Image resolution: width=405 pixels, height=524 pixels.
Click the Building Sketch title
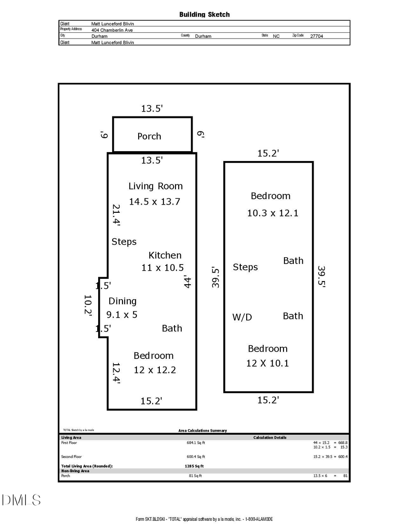click(x=204, y=14)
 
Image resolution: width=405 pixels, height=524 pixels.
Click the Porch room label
click(x=149, y=136)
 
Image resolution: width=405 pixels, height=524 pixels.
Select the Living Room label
click(x=155, y=186)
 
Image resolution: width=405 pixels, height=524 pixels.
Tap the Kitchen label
click(x=165, y=255)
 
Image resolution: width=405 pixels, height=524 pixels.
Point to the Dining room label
click(x=122, y=301)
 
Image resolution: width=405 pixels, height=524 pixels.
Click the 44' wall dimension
click(x=188, y=281)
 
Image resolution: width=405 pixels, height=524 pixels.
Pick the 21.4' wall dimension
click(x=116, y=215)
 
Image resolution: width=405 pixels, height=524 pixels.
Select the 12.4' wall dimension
click(x=116, y=373)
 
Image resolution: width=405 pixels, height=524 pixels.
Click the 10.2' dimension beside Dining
click(x=88, y=305)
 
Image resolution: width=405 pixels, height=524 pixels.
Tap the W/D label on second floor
click(x=242, y=317)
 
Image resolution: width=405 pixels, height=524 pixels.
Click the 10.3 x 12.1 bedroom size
click(x=273, y=213)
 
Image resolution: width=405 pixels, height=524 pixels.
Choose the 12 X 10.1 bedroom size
click(x=267, y=363)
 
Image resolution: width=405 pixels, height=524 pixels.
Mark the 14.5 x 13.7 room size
click(x=154, y=202)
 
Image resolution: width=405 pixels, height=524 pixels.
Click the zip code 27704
click(x=316, y=36)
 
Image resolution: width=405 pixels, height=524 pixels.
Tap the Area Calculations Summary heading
click(x=202, y=430)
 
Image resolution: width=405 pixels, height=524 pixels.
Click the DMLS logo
click(x=21, y=500)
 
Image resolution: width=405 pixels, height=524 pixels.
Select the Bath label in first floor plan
click(x=172, y=328)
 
